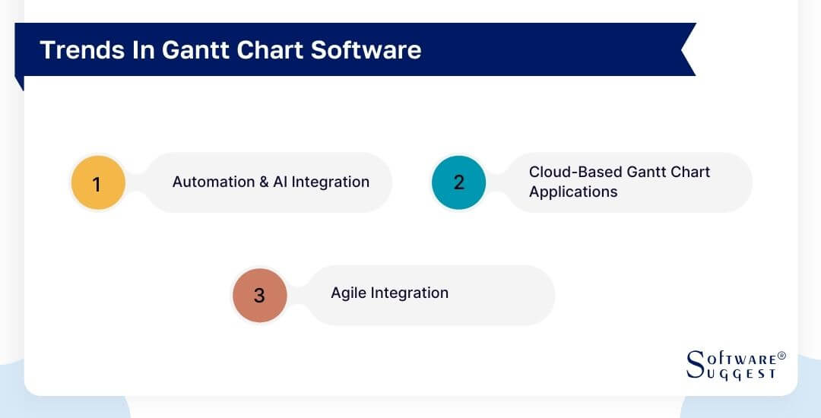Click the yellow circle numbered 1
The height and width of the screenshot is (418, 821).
coord(97,183)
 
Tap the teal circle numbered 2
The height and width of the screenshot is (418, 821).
coord(458,182)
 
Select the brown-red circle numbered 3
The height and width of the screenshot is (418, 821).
coord(259,295)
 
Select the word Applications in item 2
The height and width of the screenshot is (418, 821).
coord(573,192)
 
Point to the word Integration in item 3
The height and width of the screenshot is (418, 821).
coord(410,293)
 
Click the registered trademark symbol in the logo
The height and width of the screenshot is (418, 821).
coord(781,356)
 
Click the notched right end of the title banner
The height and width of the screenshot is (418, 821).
coord(686,49)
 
